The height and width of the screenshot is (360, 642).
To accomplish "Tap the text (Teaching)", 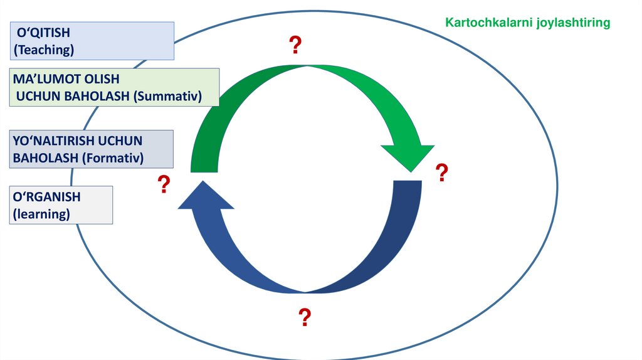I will coord(44,49).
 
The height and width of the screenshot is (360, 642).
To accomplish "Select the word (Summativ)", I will coord(171,96).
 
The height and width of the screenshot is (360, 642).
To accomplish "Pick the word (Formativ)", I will coord(112,157).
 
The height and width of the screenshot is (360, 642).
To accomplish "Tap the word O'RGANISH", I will coord(46,197).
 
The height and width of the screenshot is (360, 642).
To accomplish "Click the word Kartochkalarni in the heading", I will coord(483,23).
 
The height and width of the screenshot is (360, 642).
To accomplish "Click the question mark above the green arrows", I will coord(295,46).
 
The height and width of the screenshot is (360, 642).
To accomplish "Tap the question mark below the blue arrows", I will coord(304,317).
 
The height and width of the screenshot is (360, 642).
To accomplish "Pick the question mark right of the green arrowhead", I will coord(441,173).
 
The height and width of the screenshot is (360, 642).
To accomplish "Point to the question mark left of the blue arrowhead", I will coord(164,184).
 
